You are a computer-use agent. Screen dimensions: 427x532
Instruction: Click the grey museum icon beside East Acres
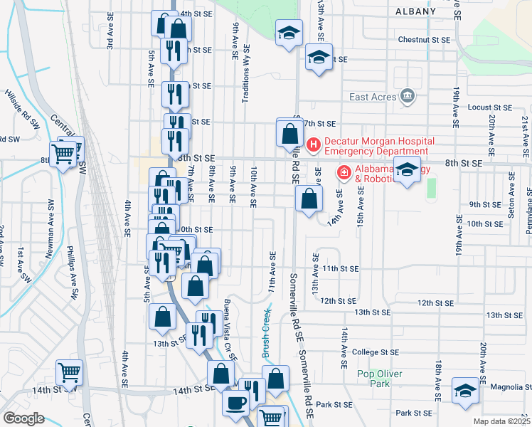pyautogui.click(x=408, y=95)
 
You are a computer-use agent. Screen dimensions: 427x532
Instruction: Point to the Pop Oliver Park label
pyautogui.click(x=380, y=379)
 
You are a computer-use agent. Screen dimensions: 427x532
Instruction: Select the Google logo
pyautogui.click(x=23, y=418)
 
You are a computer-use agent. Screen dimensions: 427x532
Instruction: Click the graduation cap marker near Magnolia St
pyautogui.click(x=465, y=390)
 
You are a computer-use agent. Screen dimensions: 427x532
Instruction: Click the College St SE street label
pyautogui.click(x=376, y=352)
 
